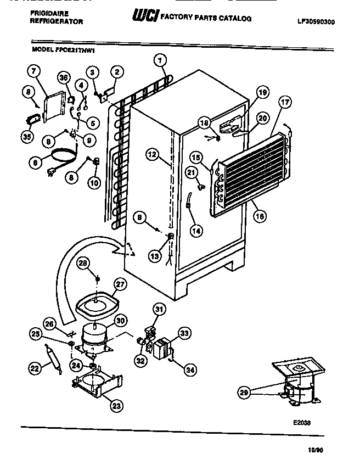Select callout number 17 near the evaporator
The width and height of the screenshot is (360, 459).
pyautogui.click(x=285, y=102)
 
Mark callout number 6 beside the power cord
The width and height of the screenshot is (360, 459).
pyautogui.click(x=36, y=162)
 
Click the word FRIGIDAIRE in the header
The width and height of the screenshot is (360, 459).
pyautogui.click(x=48, y=14)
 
